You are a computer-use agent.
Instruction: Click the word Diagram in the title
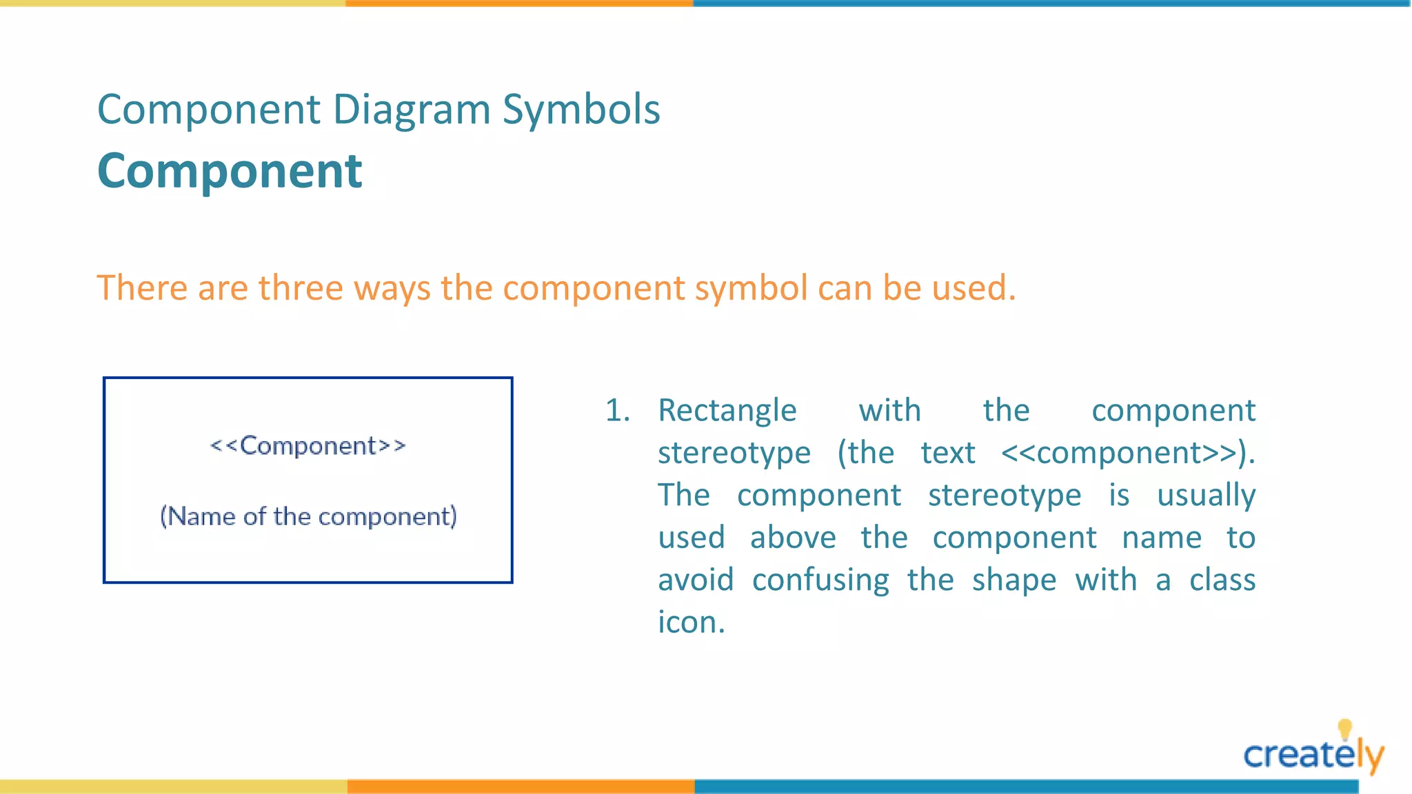coord(412,110)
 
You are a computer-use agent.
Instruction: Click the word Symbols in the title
coord(581,110)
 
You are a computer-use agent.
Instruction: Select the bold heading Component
coord(230,171)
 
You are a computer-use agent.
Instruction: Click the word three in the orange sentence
coord(300,287)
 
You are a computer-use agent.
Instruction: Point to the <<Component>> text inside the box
coord(307,446)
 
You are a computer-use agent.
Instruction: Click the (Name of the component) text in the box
coord(308,516)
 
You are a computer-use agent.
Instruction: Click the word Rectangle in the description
coord(727,411)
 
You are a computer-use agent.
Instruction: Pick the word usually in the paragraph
coord(1206,496)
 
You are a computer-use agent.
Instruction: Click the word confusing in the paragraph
coord(820,580)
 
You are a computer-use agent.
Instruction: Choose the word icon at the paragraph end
coord(690,622)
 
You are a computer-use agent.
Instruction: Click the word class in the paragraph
coord(1222,580)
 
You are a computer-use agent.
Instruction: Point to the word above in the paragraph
coord(793,538)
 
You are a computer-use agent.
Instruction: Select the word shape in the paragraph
coord(1014,580)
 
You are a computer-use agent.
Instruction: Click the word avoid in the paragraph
coord(696,580)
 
